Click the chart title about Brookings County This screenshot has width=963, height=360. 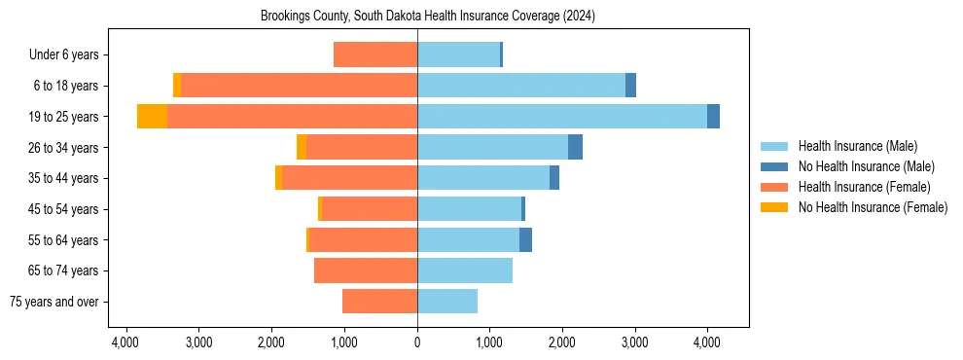click(428, 17)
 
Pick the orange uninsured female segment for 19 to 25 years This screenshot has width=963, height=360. click(152, 117)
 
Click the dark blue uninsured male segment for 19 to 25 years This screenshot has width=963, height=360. click(713, 117)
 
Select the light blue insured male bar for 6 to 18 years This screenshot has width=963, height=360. click(521, 86)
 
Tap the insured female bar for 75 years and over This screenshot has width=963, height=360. click(379, 302)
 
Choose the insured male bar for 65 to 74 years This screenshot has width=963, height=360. click(465, 270)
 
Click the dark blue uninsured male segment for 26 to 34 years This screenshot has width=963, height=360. click(575, 147)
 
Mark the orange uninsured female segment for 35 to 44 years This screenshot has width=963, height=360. click(278, 178)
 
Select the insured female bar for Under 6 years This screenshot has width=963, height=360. click(375, 54)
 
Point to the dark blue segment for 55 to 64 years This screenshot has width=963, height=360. click(525, 239)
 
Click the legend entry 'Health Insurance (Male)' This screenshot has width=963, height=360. click(857, 146)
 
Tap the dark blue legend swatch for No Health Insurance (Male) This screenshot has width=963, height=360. click(774, 166)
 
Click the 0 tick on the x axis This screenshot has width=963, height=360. click(417, 342)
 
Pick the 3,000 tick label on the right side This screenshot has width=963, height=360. click(634, 342)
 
